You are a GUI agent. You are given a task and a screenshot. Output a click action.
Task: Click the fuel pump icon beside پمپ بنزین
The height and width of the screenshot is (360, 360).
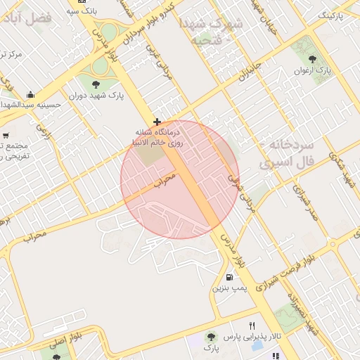tap(231, 277)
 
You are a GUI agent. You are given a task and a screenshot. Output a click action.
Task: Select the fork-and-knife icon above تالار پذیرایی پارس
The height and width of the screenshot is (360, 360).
tap(252, 326)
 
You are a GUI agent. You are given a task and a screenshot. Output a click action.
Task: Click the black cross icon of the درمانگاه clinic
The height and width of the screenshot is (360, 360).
tap(157, 122)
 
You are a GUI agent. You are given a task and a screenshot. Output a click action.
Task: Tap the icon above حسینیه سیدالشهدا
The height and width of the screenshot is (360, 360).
tap(30, 94)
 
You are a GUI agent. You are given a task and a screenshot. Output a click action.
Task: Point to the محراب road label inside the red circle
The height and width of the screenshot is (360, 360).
tap(163, 180)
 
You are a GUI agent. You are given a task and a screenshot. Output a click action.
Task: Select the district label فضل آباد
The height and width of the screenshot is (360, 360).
tap(47, 18)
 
